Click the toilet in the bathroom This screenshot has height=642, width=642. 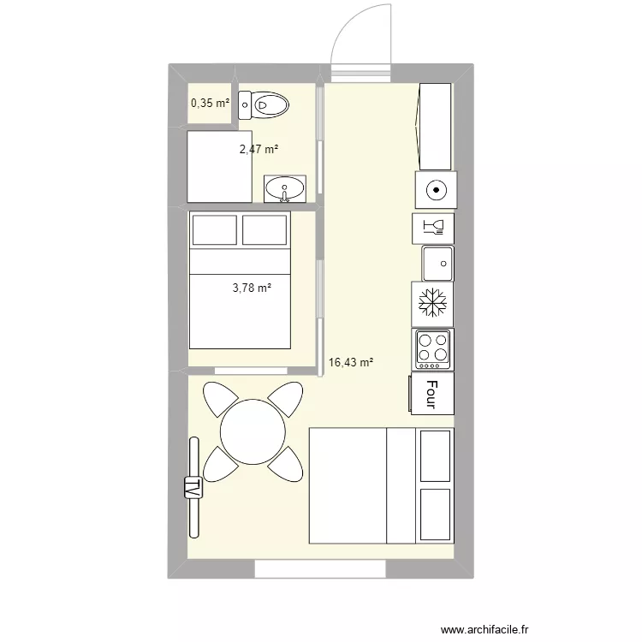click(264, 105)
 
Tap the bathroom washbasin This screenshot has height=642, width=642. click(284, 189)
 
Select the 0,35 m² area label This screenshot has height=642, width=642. click(210, 103)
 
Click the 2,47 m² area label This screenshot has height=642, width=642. click(259, 149)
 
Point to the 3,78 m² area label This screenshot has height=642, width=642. click(252, 288)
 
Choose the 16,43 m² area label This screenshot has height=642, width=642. click(351, 362)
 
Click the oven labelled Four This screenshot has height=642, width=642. click(431, 394)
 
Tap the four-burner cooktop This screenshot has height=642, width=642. click(433, 349)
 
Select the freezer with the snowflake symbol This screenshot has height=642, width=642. click(432, 303)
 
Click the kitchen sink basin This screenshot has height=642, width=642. click(437, 264)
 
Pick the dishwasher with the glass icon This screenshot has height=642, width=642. click(433, 228)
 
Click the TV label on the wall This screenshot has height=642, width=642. click(193, 488)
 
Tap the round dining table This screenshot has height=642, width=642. click(253, 432)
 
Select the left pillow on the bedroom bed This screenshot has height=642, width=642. click(215, 230)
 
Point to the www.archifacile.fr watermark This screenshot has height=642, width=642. click(484, 629)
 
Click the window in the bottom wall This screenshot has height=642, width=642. click(320, 569)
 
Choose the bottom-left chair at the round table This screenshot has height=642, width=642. click(221, 464)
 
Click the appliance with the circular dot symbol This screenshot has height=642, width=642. click(436, 190)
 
